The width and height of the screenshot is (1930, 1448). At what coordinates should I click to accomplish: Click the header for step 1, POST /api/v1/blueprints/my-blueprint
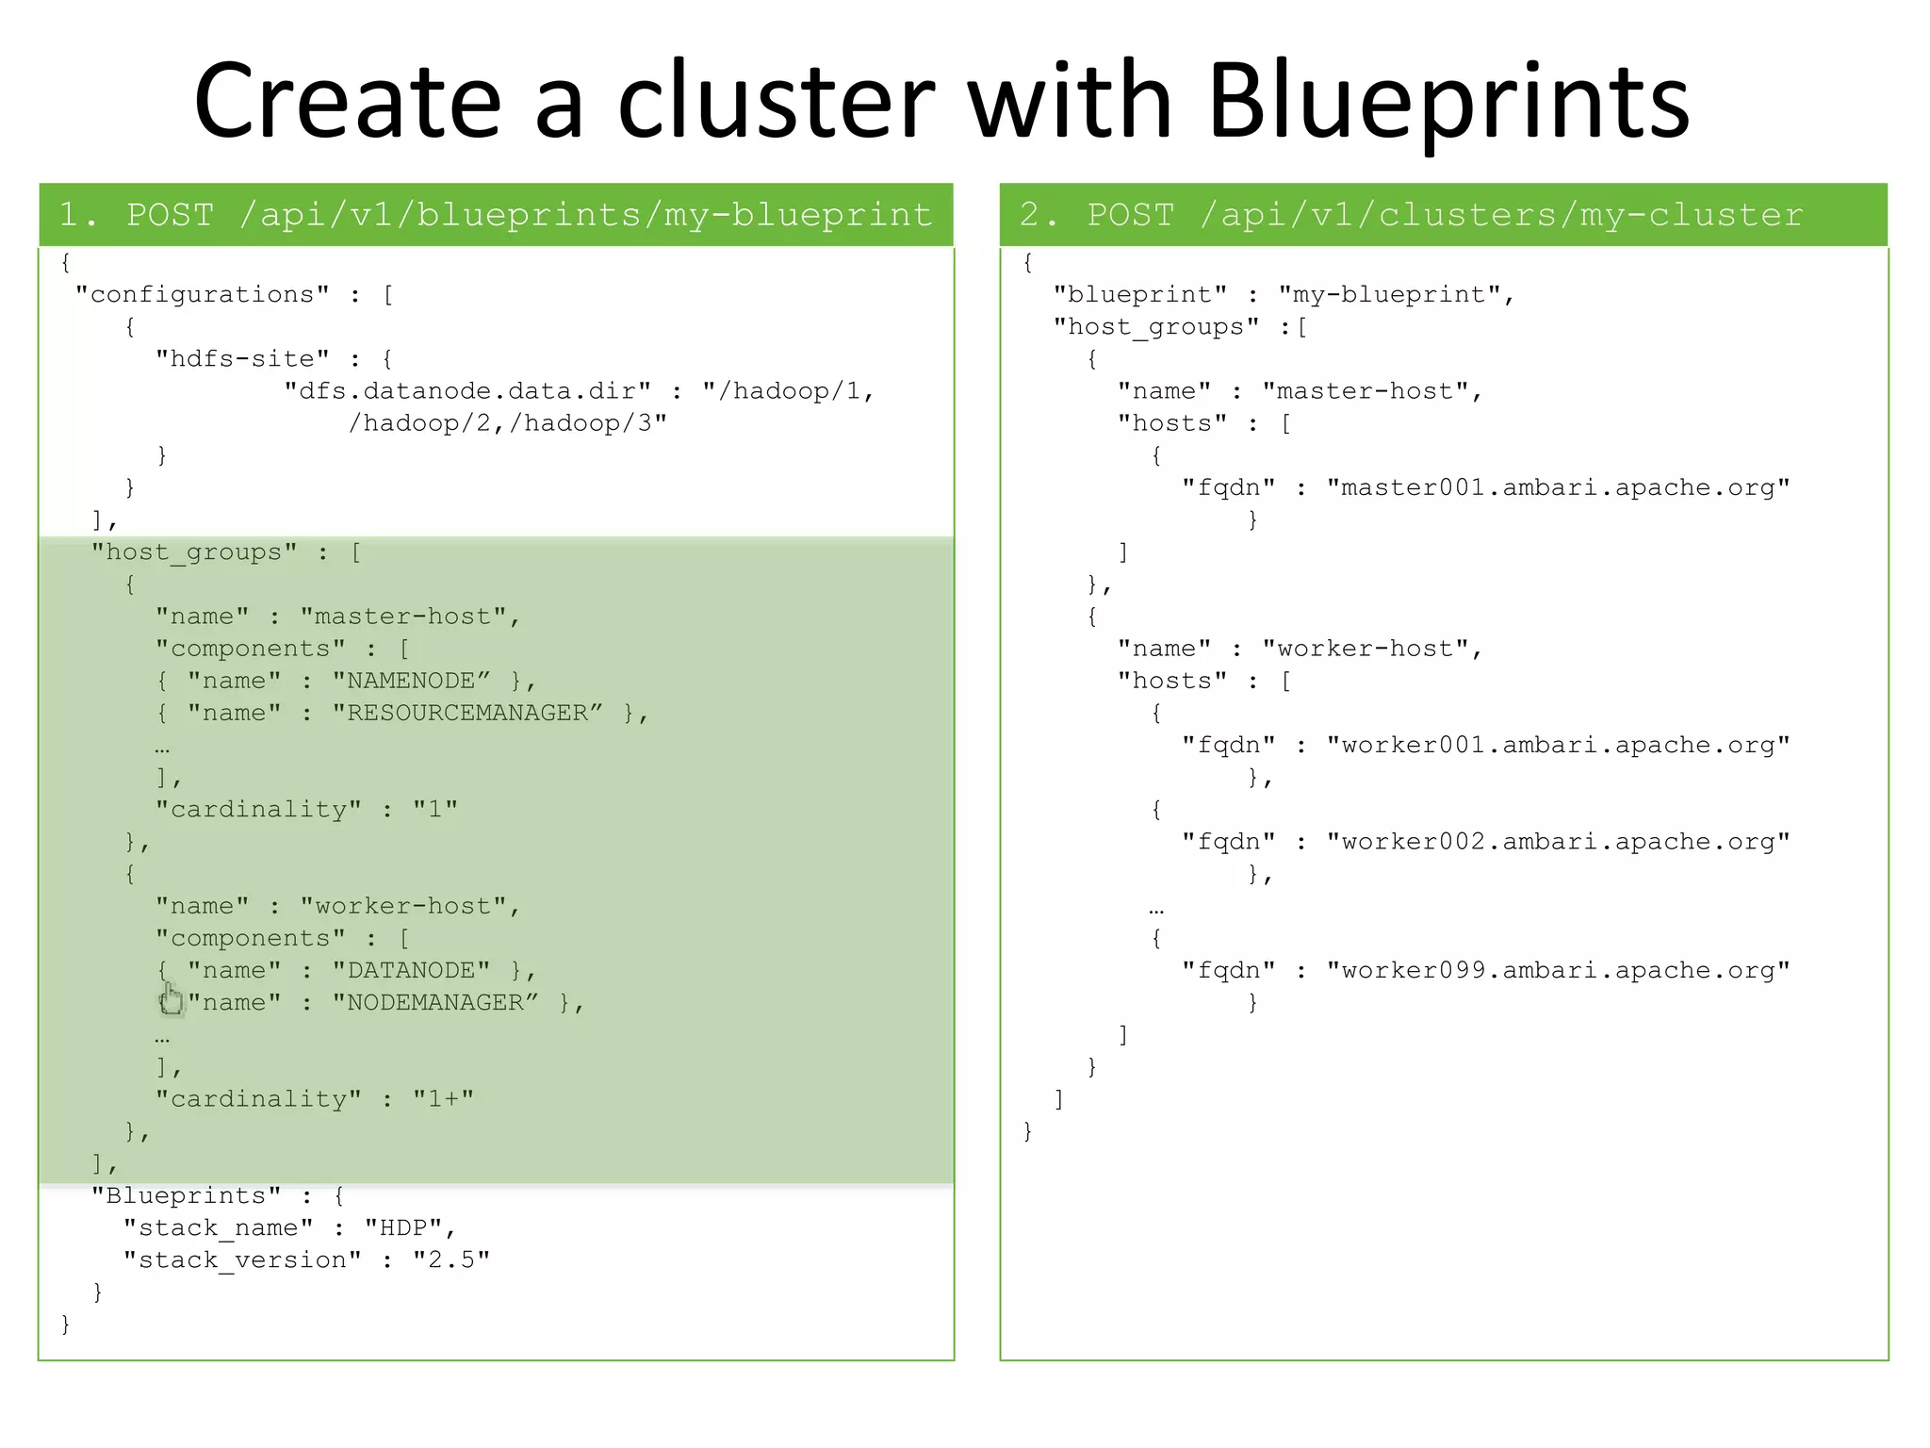(496, 215)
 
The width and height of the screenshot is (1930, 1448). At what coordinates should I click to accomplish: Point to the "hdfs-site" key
(242, 359)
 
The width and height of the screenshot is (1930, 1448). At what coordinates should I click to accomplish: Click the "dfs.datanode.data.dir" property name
(467, 391)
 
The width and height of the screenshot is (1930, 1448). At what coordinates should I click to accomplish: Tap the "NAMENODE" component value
(412, 681)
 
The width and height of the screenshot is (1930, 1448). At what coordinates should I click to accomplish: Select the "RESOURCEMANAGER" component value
(467, 713)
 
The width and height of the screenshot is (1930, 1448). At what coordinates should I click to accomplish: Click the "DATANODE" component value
(412, 970)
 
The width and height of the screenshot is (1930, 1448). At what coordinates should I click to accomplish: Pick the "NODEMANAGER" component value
(435, 1002)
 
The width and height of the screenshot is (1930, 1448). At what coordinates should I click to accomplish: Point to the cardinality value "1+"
(443, 1099)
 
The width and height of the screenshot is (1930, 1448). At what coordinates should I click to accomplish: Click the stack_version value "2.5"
(451, 1260)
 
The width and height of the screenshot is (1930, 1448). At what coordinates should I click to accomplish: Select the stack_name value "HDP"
(403, 1228)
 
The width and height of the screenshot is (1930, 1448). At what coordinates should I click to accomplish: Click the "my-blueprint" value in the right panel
(1388, 295)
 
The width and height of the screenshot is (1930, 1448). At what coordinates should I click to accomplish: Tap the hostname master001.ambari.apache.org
(1558, 488)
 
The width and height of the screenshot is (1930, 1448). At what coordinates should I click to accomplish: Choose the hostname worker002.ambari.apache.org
(1558, 842)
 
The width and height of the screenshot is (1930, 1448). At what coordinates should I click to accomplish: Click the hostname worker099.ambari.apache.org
(1558, 971)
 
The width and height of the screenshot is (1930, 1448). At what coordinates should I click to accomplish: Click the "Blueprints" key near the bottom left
(186, 1196)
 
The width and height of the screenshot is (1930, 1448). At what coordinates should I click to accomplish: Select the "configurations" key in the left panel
(202, 295)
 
